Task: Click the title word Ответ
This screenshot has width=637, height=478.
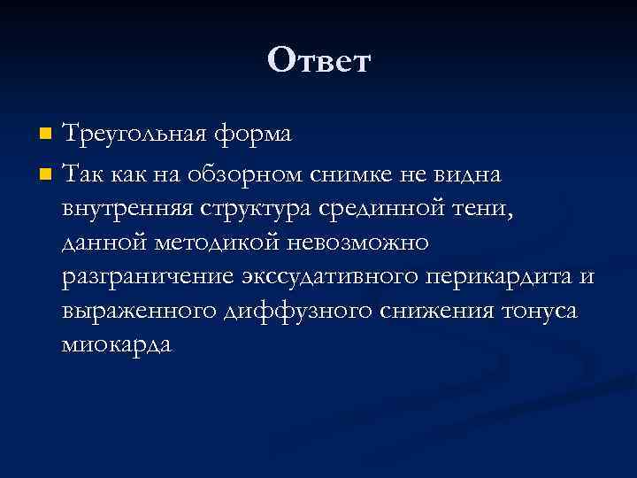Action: coord(318,61)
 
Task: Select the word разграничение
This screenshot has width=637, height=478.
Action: coord(145,277)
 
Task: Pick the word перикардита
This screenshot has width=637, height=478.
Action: coord(501,277)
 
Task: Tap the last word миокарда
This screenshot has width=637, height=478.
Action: coord(116,344)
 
